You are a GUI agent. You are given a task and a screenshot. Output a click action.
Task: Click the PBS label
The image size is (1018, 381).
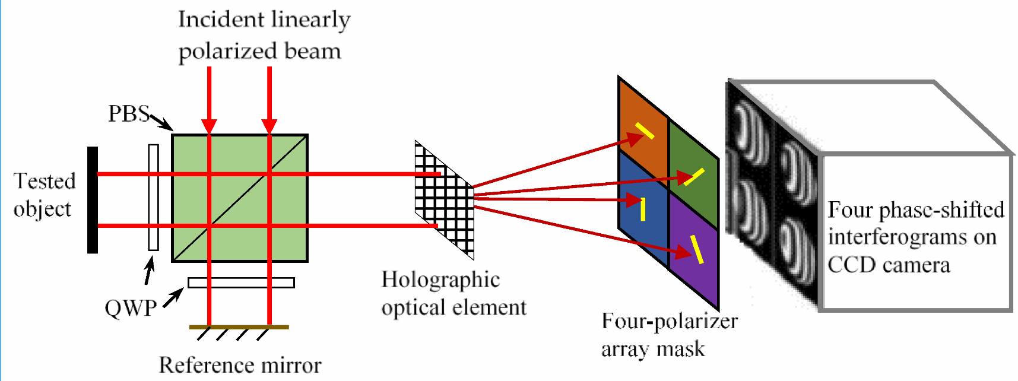(128, 113)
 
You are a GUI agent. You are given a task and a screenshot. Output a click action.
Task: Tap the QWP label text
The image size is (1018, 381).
(131, 308)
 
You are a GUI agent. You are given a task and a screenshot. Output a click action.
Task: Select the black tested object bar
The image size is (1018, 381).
(93, 200)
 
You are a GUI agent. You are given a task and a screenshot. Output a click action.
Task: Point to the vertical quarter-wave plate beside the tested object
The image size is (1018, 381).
(154, 198)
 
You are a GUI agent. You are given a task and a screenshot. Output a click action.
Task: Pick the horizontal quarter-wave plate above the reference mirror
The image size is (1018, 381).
(241, 282)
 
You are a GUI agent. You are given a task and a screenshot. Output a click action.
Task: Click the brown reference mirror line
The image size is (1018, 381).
(239, 327)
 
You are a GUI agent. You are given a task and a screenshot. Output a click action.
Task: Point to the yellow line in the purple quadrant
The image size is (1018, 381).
(697, 249)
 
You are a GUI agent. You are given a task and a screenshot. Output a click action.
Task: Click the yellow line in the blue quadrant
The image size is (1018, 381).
(643, 209)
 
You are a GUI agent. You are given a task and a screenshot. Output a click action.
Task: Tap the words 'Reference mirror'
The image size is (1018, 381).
(240, 364)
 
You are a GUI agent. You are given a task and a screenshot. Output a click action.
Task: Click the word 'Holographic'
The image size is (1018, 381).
(440, 279)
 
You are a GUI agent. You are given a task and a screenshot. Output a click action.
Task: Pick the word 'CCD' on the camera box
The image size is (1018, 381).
(849, 264)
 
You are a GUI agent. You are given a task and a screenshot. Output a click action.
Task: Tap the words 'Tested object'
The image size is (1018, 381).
(45, 195)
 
